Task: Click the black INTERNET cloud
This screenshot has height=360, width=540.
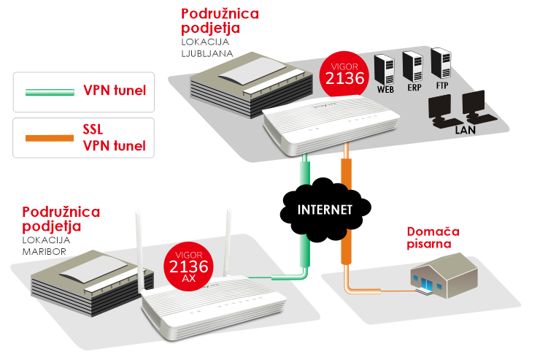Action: coord(325,210)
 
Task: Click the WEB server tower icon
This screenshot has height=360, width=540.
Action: coord(385,69)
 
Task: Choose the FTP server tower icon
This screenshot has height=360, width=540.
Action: coord(441,64)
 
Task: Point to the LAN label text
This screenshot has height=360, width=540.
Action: coord(465,129)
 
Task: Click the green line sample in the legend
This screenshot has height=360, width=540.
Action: coord(50,93)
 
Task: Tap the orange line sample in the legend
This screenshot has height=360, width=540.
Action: coord(50,137)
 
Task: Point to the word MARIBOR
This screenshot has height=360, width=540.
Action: coord(45,251)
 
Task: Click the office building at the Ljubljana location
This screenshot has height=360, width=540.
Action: coord(239,85)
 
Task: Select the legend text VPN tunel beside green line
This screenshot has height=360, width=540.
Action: coord(114,91)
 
